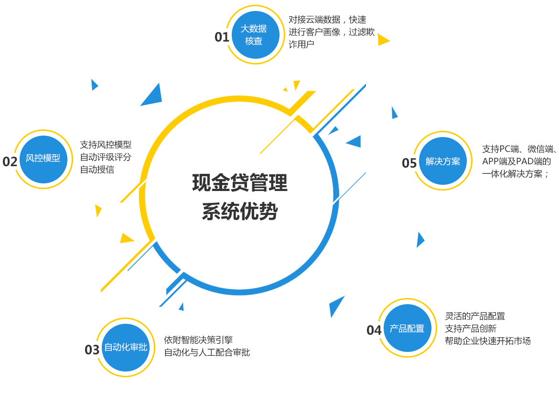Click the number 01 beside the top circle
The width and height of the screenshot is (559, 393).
coord(222,37)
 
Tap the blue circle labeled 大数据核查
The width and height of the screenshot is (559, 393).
coord(254,35)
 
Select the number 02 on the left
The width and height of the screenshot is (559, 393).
coord(10,161)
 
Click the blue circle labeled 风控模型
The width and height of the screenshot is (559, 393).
coord(43,159)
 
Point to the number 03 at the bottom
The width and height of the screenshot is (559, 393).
coord(92,350)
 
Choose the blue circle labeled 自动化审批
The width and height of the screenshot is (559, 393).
coord(126,347)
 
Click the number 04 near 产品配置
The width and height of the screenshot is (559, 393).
coord(374,330)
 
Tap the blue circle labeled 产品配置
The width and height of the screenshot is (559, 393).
coord(407,328)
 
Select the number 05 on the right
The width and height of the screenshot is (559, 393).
coord(409,163)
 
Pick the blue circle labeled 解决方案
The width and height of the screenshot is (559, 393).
coord(443,161)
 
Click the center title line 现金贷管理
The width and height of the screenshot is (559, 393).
coord(240,183)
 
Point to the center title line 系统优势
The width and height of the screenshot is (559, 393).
coord(240,212)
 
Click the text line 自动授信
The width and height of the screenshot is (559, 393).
coord(97,170)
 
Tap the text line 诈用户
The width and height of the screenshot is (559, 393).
coord(301,44)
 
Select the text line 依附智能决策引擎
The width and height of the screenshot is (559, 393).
coord(198,340)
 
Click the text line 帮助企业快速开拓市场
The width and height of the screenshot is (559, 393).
coord(488,341)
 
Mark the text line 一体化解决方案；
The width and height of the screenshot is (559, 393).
coord(516,174)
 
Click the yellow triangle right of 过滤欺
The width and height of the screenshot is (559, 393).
coord(383,40)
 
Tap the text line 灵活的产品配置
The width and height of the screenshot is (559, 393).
coord(475,316)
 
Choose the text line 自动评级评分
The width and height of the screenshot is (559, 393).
coord(106,157)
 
